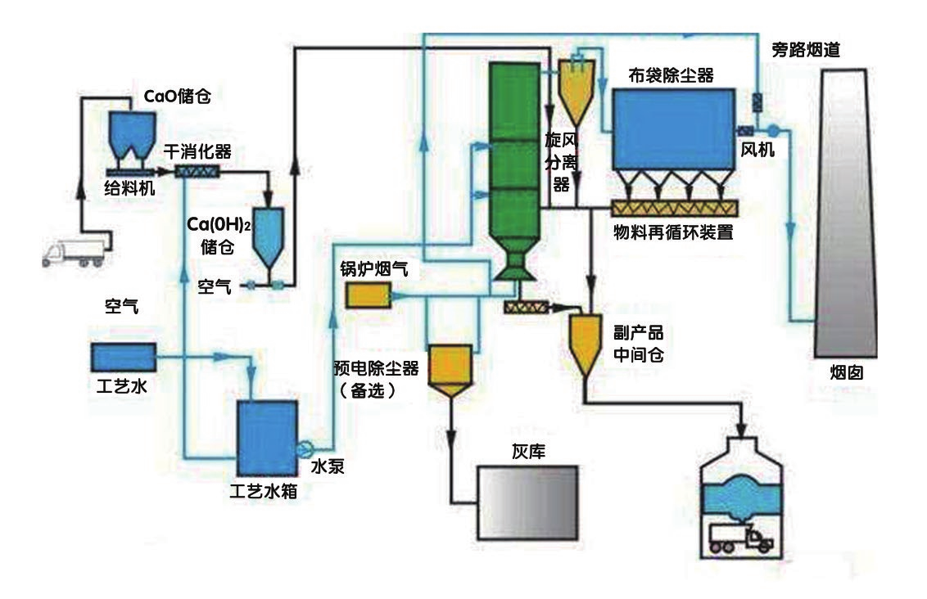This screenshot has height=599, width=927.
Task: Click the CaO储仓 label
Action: pyautogui.click(x=178, y=97)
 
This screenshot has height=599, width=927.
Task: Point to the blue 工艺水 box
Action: pyautogui.click(x=122, y=357)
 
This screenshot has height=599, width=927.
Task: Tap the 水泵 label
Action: pyautogui.click(x=325, y=467)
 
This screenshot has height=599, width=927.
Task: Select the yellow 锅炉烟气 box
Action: pyautogui.click(x=368, y=295)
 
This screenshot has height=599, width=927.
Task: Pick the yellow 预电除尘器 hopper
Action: pyautogui.click(x=450, y=369)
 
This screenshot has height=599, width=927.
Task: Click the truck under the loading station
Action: pyautogui.click(x=740, y=538)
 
